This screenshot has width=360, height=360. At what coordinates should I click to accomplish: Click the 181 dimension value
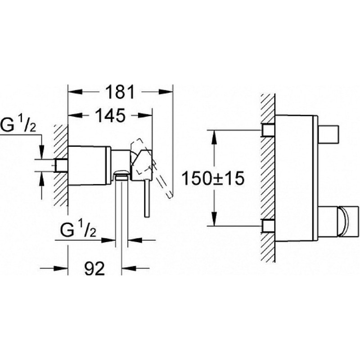coord(120,92)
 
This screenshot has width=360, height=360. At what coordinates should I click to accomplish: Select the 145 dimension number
coord(110,115)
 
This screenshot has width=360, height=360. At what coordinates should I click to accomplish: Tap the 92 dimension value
coord(94,268)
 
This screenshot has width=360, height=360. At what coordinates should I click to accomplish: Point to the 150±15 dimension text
coord(213,179)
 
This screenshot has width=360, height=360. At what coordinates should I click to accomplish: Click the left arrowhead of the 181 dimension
coord(75,92)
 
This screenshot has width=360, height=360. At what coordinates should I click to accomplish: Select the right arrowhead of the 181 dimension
coord(166,92)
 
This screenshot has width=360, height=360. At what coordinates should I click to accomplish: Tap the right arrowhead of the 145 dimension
coord(145,115)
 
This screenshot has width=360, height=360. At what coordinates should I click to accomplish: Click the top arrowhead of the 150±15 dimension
coord(214,137)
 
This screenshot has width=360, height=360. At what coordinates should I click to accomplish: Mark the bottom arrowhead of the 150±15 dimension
coord(214,219)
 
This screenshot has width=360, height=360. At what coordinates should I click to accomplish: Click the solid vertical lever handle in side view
coord(147,198)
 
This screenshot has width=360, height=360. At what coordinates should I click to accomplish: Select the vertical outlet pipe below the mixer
coord(121,211)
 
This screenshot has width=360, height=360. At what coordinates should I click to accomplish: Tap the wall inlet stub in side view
coord(61,165)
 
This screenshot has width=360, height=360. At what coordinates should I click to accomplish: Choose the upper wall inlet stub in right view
coord(268,130)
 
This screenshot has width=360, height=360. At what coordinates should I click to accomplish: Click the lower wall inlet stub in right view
coord(268,226)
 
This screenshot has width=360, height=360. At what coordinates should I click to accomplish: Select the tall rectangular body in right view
coord(297,178)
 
